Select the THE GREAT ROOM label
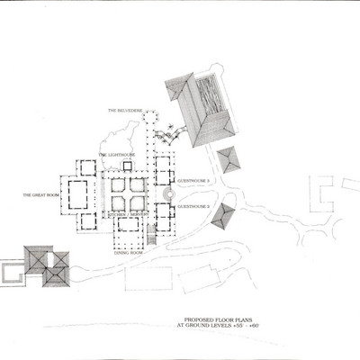[x=41, y=193]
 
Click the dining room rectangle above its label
[x=129, y=237]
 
